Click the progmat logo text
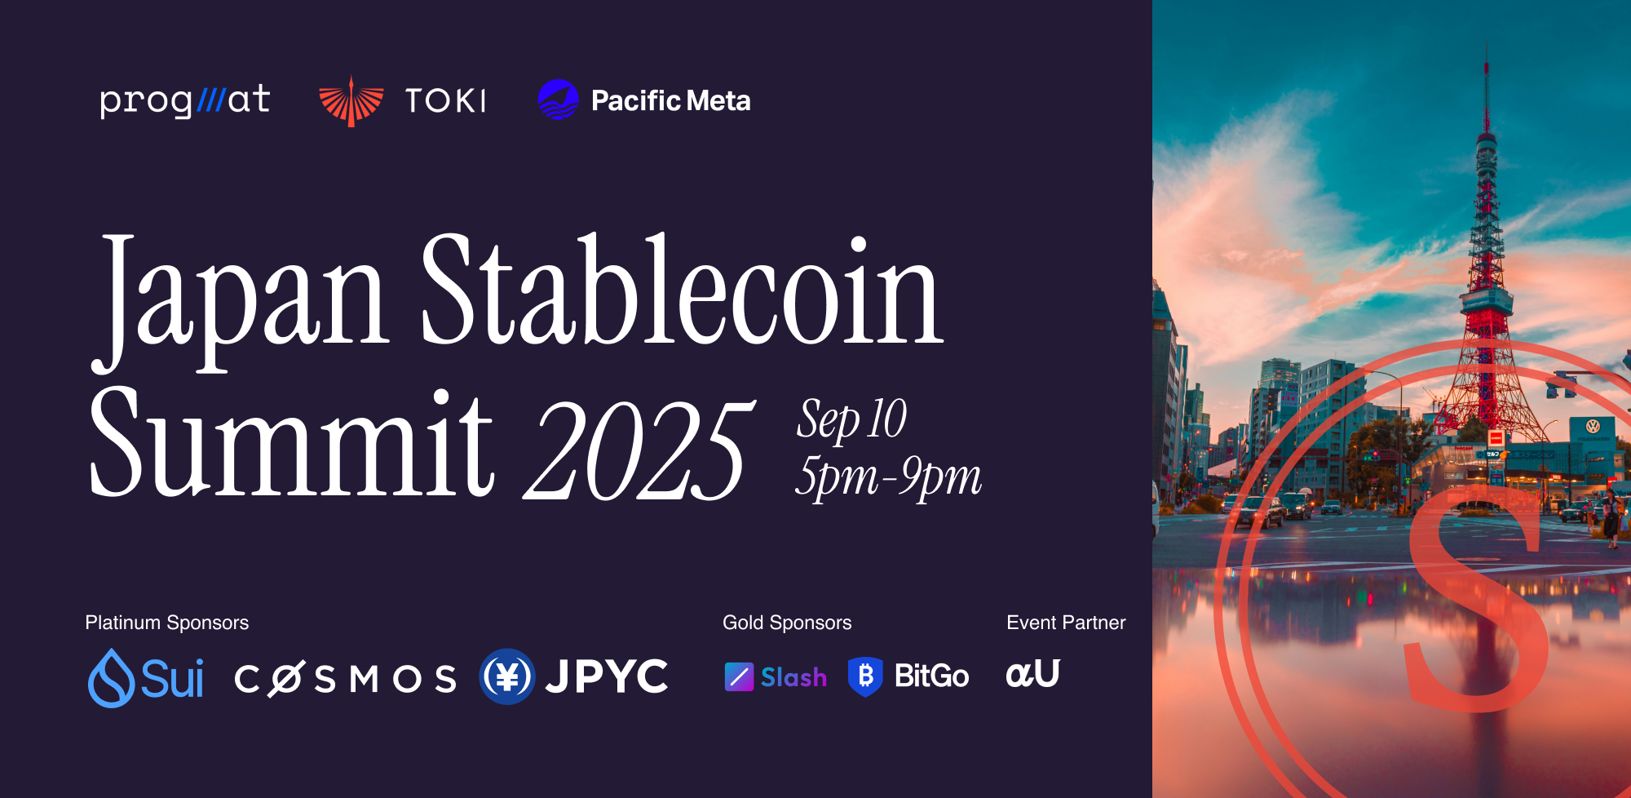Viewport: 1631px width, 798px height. [185, 101]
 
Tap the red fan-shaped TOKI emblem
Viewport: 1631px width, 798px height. [351, 101]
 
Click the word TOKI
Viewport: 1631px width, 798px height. [446, 101]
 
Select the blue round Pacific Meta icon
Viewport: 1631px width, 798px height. [559, 100]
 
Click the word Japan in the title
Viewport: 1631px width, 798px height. [240, 301]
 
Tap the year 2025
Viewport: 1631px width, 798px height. [640, 450]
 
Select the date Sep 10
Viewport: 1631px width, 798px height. [851, 420]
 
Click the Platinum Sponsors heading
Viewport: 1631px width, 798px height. [167, 623]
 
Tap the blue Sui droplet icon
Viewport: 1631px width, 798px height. [112, 678]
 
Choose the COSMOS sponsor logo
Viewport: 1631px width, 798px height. [346, 679]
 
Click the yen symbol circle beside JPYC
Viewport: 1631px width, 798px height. [507, 676]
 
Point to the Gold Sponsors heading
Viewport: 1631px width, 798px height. [787, 623]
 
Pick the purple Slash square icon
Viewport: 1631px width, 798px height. [739, 677]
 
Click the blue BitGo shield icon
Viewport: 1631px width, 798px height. [865, 676]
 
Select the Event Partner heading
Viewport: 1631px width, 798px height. [1066, 623]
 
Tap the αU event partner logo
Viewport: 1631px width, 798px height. [1033, 674]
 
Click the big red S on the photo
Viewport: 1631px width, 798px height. [1478, 600]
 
